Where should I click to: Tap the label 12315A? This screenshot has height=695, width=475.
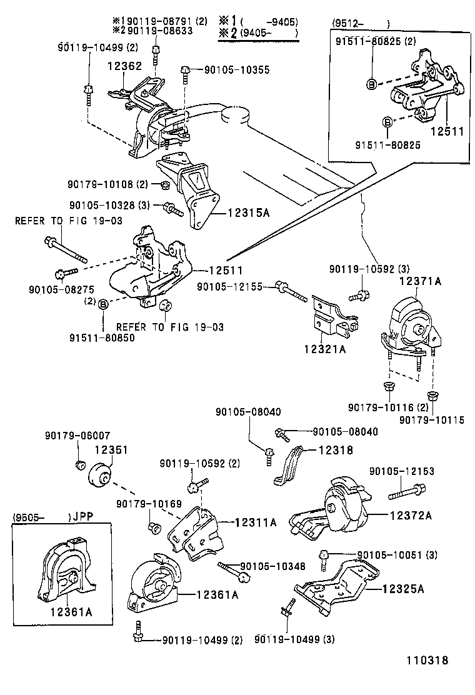pyautogui.click(x=247, y=213)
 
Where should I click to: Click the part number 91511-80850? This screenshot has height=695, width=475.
pyautogui.click(x=102, y=337)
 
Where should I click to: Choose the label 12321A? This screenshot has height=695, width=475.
pyautogui.click(x=324, y=349)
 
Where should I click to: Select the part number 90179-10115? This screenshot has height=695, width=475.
pyautogui.click(x=432, y=420)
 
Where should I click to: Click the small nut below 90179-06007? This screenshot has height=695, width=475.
pyautogui.click(x=79, y=464)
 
